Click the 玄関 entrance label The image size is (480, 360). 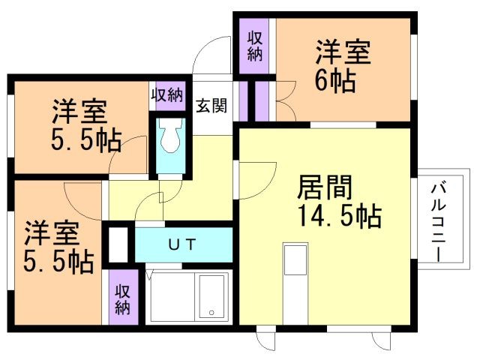point(211,106)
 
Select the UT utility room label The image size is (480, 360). point(181,244)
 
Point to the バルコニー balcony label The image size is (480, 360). point(438,221)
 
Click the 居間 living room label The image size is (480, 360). point(325,187)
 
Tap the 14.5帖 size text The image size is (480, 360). point(340,216)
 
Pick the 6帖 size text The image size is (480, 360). point(335,81)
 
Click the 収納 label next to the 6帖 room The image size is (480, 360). point(255,46)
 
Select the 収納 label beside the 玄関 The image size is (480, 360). point(167,95)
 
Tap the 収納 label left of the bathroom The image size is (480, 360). point(122,300)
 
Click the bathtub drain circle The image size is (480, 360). point(211,313)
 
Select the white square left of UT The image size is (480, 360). point(118,244)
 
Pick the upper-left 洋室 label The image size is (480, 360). point(79,112)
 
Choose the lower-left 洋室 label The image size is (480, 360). point(52,233)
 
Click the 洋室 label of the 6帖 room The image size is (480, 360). point(343,52)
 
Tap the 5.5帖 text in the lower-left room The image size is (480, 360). point(58,262)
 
